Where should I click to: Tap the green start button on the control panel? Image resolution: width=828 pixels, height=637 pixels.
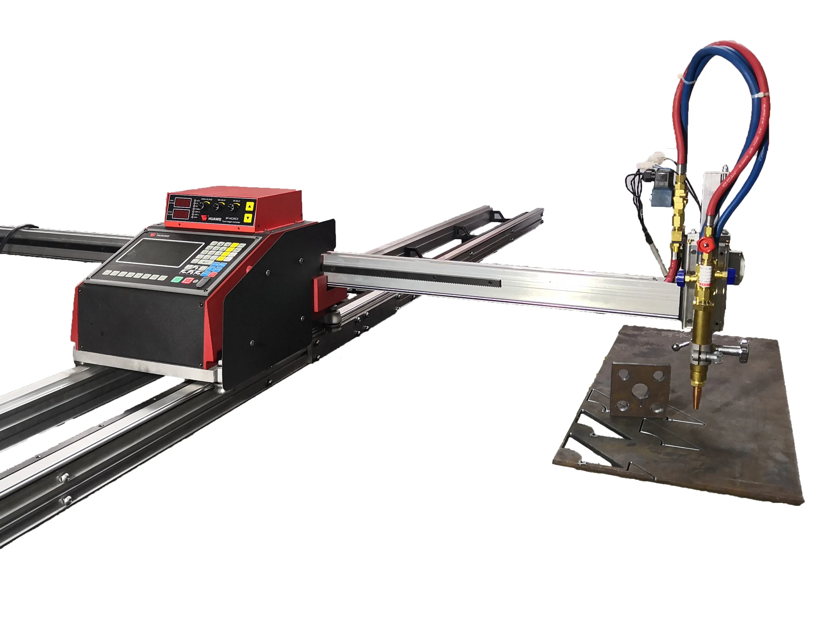point(177,280)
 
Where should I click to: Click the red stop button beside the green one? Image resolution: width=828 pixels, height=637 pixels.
point(187,281)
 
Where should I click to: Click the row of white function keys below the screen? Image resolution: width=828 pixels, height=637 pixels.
point(135,275)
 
